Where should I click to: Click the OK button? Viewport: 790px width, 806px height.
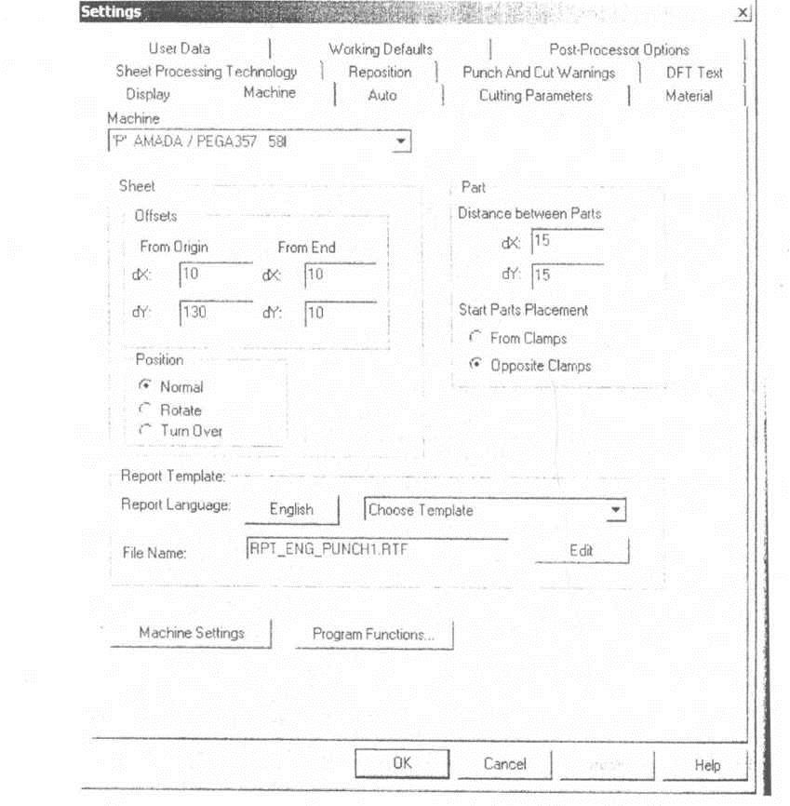[401, 763]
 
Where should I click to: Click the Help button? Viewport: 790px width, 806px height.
[707, 765]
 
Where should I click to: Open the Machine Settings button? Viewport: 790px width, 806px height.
[191, 633]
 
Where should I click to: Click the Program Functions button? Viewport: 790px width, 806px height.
[373, 635]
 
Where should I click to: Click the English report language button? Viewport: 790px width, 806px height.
[291, 510]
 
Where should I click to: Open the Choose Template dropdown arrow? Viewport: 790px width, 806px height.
[613, 511]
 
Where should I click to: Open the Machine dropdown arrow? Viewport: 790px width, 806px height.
[400, 140]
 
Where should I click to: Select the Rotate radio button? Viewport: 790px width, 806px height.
[144, 410]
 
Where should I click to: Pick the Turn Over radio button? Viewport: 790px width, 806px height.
[144, 431]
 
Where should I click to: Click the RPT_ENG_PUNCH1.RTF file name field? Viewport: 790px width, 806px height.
[377, 549]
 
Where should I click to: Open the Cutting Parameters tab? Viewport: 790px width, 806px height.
[535, 96]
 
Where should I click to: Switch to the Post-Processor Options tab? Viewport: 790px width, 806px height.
[619, 50]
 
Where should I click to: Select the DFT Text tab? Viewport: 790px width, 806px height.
[693, 73]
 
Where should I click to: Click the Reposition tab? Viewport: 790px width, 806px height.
[380, 73]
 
